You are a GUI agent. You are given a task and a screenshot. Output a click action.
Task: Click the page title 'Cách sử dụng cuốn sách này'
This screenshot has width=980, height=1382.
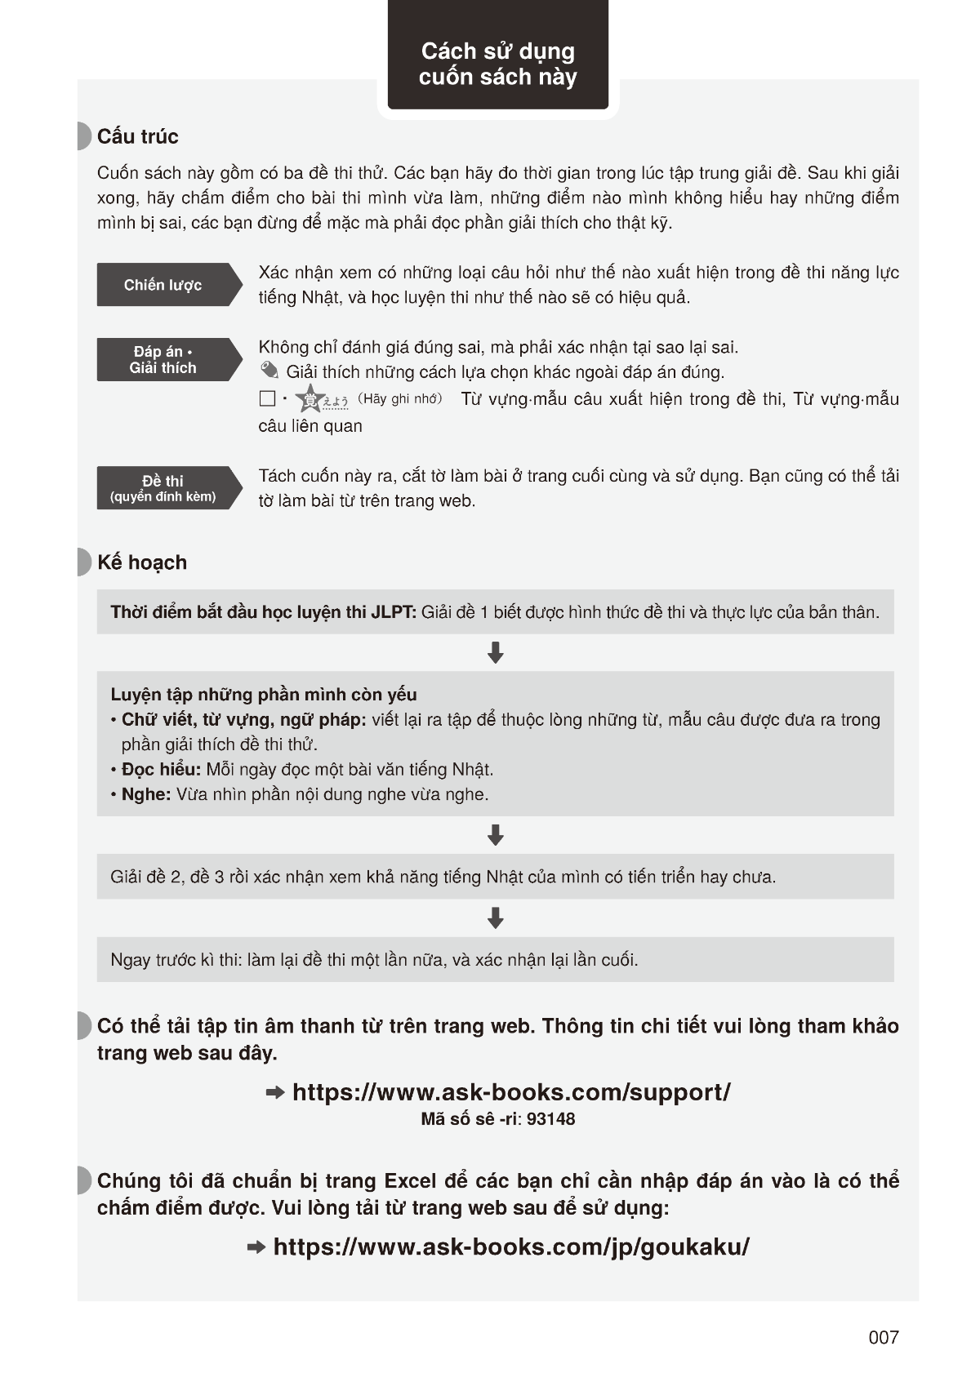(497, 64)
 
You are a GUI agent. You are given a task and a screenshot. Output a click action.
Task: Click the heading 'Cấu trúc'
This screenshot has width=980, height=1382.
(137, 136)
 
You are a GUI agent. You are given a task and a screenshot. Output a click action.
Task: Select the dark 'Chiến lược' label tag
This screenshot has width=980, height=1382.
(163, 285)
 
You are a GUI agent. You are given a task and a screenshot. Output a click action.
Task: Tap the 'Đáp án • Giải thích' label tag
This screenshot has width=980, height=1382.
(163, 360)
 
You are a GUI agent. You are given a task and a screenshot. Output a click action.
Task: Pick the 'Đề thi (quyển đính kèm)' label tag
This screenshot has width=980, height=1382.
(163, 488)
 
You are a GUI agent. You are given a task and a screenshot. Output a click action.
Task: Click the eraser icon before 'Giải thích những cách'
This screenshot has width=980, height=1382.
(269, 371)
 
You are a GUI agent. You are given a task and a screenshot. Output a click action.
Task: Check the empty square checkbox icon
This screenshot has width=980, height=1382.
(267, 398)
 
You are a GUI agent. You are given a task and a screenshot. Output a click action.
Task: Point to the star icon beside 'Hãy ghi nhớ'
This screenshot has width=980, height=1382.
(310, 398)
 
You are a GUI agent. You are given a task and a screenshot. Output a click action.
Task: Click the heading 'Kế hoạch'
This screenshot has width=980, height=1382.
(142, 562)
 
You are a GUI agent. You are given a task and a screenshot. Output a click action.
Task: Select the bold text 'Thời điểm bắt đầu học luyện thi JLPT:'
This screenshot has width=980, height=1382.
(264, 612)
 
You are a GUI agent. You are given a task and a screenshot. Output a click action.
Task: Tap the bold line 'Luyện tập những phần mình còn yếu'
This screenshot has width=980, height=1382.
(264, 695)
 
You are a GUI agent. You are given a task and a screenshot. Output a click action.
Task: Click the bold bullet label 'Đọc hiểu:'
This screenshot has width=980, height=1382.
(161, 769)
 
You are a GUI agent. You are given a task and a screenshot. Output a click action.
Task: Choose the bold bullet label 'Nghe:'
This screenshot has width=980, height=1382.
(146, 794)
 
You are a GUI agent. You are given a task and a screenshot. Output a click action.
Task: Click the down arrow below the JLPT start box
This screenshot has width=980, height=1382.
(495, 653)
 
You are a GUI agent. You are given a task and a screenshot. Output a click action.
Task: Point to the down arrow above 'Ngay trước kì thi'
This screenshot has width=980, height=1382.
(495, 918)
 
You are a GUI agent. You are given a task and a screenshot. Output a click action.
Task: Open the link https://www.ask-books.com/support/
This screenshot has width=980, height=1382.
(511, 1092)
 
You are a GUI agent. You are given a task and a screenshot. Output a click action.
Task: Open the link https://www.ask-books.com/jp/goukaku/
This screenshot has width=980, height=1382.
(511, 1246)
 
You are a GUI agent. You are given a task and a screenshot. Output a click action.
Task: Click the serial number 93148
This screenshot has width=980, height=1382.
(550, 1119)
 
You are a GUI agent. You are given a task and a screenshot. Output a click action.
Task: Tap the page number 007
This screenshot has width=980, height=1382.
(884, 1337)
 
